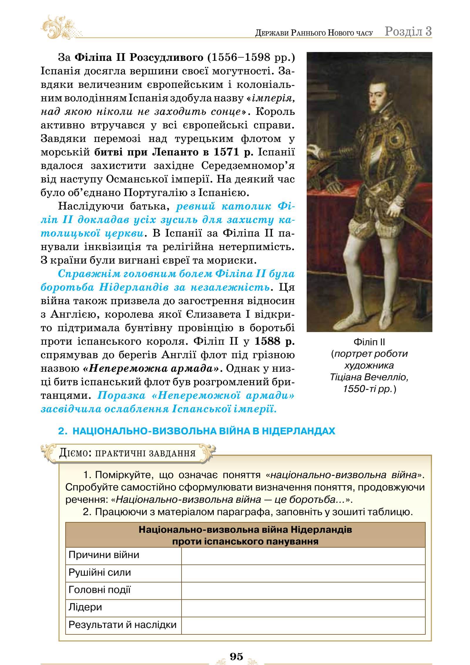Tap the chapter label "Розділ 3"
coord(408,31)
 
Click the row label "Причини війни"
coord(104,555)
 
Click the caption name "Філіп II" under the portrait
coord(369,342)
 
